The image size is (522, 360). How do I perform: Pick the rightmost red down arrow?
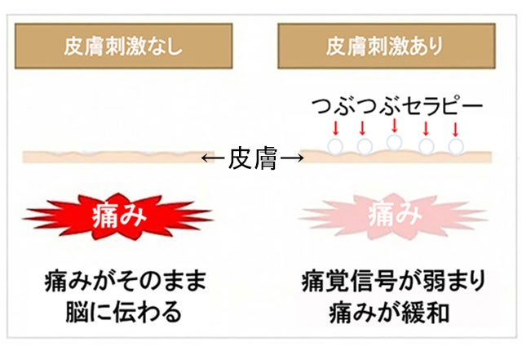click(455, 128)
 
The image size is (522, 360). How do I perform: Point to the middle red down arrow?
click(394, 127)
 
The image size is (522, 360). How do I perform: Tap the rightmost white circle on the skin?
click(455, 147)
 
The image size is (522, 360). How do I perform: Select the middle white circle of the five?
click(394, 142)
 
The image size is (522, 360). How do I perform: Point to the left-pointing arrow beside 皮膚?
click(214, 159)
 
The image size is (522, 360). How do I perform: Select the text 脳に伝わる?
click(126, 311)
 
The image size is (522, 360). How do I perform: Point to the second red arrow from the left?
click(363, 128)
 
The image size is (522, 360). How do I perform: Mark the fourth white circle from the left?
click(425, 147)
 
